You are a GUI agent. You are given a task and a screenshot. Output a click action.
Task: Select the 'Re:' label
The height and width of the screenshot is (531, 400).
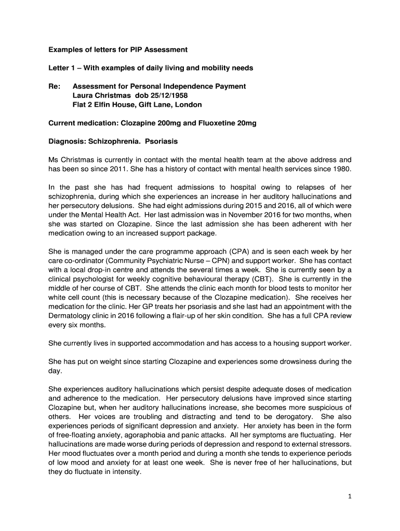coord(55,86)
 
